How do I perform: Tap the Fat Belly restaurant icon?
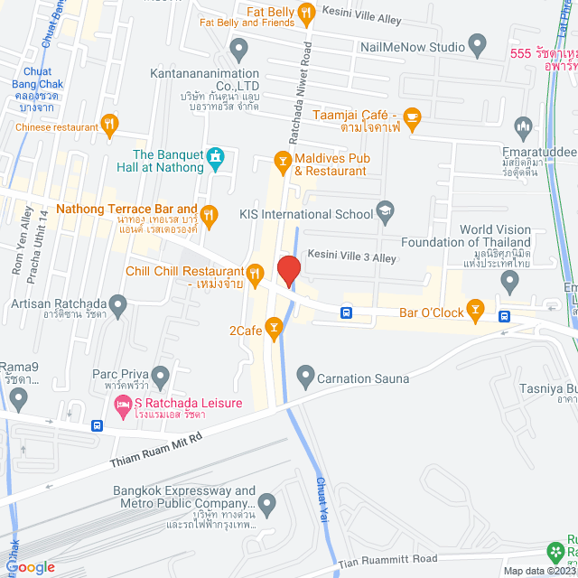click(306, 12)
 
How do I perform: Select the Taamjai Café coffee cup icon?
click(412, 117)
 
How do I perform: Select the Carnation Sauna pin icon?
click(305, 375)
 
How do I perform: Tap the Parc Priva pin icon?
click(161, 374)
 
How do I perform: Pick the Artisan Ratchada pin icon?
click(117, 303)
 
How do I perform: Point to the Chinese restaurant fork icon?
click(109, 125)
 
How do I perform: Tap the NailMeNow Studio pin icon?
click(478, 46)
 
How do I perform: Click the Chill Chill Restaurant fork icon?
click(256, 272)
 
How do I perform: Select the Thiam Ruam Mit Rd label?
click(157, 449)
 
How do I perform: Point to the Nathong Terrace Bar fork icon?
click(210, 214)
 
